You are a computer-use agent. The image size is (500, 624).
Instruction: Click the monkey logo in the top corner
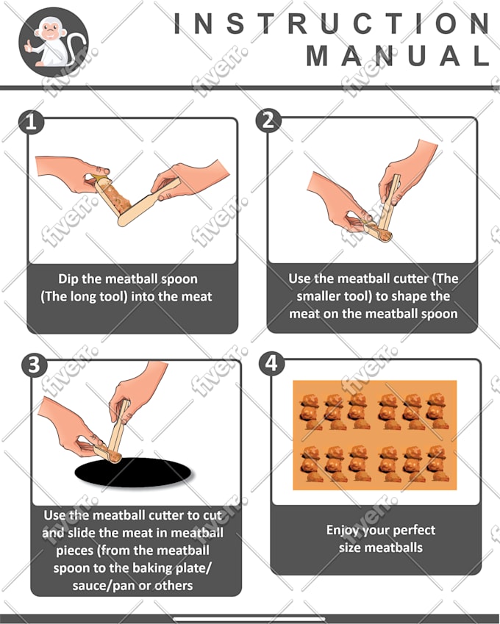pos(53,42)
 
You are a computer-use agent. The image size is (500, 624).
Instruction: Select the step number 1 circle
pos(30,121)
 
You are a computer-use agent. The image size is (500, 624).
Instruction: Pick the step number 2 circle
pos(268,121)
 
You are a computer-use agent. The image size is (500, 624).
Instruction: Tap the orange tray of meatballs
pos(374,434)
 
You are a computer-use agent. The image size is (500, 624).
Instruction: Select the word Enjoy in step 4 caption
pos(344,530)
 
